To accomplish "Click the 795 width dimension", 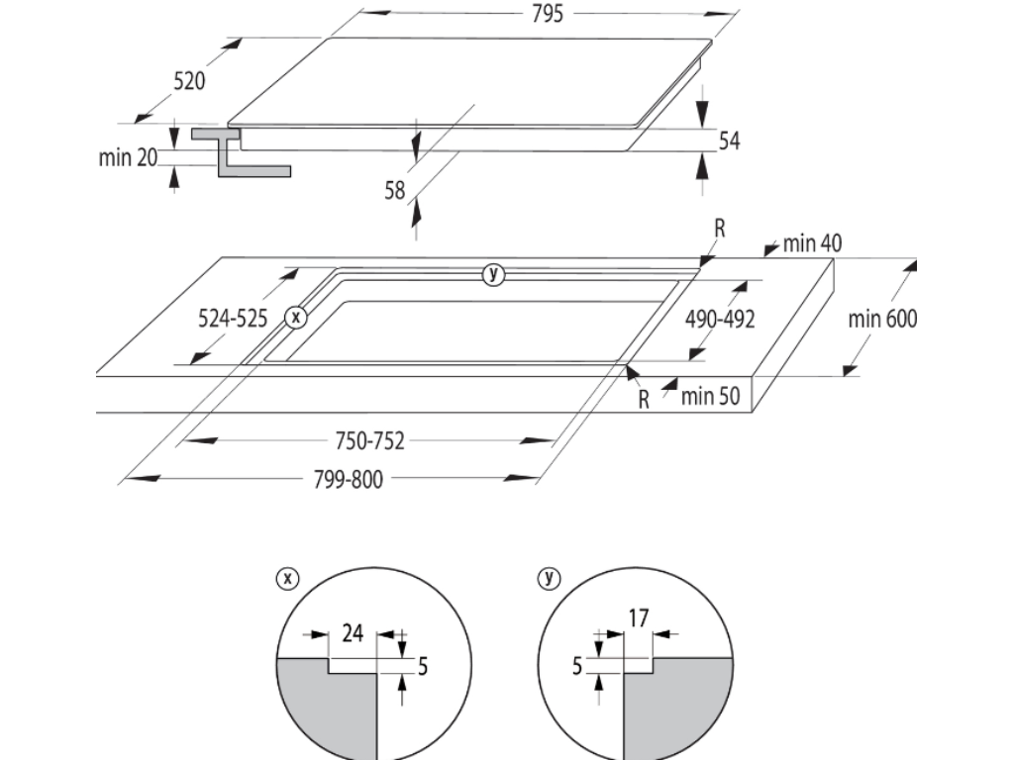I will click(548, 14).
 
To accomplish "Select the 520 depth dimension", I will click(189, 81).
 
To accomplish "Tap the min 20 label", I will click(129, 156).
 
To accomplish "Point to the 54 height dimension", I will click(729, 142).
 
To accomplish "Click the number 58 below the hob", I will click(395, 190).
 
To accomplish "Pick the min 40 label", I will click(813, 243).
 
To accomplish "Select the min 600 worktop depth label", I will click(882, 319).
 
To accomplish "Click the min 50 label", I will click(710, 397).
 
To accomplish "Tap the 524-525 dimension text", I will click(233, 319).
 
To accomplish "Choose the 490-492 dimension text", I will click(720, 319).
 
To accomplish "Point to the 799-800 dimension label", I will click(348, 479).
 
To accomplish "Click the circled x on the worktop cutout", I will click(295, 318).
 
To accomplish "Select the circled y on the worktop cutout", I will click(493, 274).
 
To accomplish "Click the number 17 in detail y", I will click(638, 618).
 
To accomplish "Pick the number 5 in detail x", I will click(423, 666).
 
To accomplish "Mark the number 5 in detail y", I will click(576, 666).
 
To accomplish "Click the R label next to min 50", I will click(644, 399).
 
